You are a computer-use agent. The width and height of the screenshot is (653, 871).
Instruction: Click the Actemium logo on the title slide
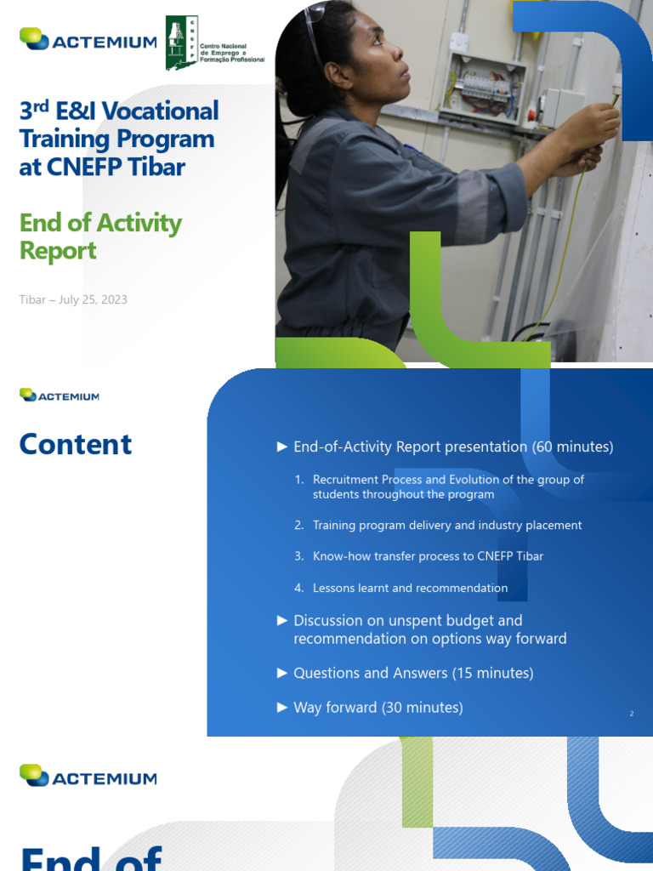point(88,39)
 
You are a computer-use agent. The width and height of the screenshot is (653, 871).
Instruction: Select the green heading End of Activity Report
point(100,236)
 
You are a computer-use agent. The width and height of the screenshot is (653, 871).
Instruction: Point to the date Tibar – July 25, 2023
point(73,299)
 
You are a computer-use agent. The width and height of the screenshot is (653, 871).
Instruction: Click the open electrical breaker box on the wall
point(482,86)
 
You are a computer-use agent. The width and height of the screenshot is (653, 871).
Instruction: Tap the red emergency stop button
point(533,113)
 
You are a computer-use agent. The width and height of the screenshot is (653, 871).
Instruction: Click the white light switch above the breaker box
point(459,41)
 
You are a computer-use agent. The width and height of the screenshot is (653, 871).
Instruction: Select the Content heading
point(76,444)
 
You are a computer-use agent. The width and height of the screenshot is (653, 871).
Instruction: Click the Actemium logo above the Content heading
point(60,396)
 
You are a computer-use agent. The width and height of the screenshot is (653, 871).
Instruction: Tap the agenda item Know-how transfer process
point(428,556)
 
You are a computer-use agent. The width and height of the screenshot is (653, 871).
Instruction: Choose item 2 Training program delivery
point(446,526)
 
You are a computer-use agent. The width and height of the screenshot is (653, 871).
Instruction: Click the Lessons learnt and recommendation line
point(410,588)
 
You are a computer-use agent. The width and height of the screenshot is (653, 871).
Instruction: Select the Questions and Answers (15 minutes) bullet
point(413,673)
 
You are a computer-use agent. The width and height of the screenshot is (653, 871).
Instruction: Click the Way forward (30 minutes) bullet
point(378,708)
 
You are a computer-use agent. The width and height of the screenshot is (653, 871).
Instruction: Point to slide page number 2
point(632,714)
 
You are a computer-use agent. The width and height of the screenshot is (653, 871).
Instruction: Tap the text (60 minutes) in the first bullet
point(572,447)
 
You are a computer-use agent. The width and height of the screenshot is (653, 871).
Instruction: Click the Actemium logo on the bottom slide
point(88,777)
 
